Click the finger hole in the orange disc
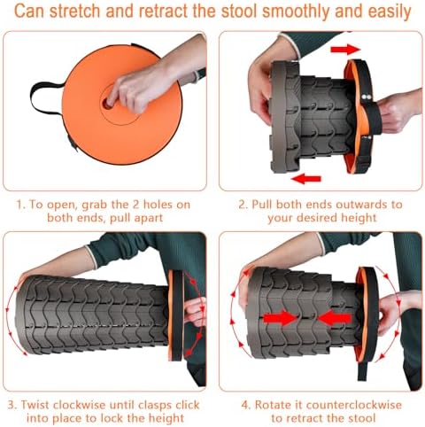106,104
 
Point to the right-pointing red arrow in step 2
345,50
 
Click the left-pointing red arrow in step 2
305,179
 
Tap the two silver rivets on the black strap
367,97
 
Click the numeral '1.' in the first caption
20,205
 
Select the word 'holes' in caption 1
158,205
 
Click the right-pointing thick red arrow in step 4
280,318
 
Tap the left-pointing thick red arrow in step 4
335,318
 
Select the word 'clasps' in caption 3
155,405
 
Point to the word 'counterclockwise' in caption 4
354,405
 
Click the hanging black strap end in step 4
362,370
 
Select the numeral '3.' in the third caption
12,405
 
